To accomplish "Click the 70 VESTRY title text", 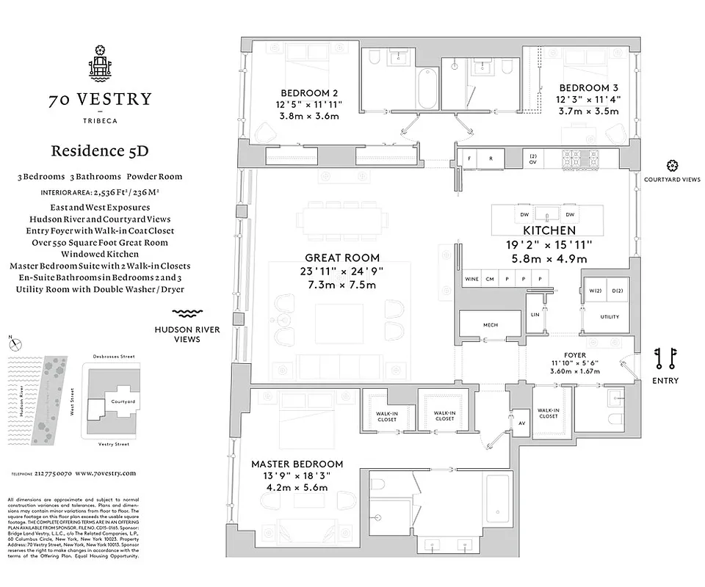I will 101,100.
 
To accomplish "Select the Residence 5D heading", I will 100,151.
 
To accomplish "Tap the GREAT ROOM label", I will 342,258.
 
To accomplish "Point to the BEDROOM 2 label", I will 309,93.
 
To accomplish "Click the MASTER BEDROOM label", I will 297,464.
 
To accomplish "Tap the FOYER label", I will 575,354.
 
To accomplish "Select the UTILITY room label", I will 609,317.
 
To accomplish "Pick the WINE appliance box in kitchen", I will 471,280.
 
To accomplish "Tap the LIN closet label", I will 535,315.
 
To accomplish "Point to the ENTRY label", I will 665,381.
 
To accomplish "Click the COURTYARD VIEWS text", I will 671,180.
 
